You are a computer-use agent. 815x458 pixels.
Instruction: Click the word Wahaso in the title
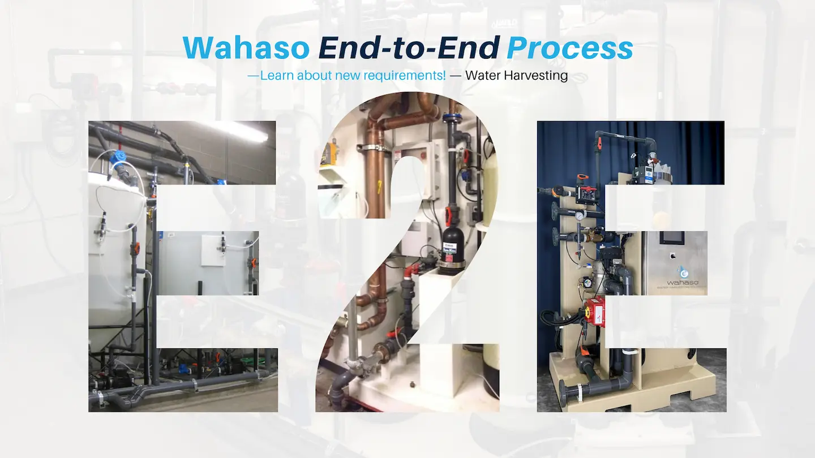tap(246, 48)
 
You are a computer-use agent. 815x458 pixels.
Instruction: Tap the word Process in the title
tap(570, 48)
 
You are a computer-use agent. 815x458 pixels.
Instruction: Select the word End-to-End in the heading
tap(409, 48)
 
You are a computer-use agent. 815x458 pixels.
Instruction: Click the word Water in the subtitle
tap(483, 75)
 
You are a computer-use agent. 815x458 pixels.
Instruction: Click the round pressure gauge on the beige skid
tap(578, 216)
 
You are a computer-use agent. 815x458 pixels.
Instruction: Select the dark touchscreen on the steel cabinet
tap(672, 237)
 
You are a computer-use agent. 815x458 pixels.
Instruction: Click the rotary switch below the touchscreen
tap(673, 256)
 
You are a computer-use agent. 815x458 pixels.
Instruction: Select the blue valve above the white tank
tap(119, 157)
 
